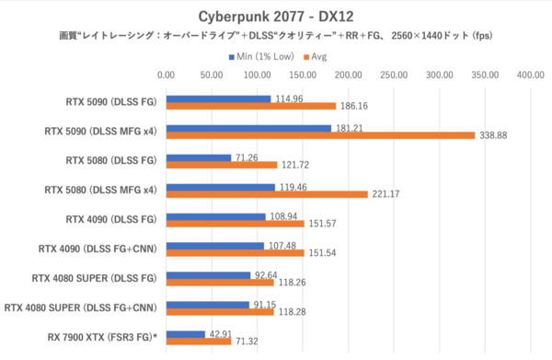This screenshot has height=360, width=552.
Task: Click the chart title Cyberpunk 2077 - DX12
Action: click(275, 16)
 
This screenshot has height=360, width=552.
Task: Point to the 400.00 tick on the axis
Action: click(531, 75)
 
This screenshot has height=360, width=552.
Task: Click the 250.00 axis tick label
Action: click(395, 75)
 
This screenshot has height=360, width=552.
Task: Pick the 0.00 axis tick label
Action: click(167, 75)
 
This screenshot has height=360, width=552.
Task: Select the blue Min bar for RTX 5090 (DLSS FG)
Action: click(219, 99)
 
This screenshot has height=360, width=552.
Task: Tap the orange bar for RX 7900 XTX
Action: click(199, 342)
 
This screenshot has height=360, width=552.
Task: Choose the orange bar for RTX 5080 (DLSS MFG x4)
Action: click(267, 194)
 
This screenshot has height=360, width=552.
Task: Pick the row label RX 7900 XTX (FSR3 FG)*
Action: click(95, 337)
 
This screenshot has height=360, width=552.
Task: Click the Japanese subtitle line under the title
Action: click(275, 37)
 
